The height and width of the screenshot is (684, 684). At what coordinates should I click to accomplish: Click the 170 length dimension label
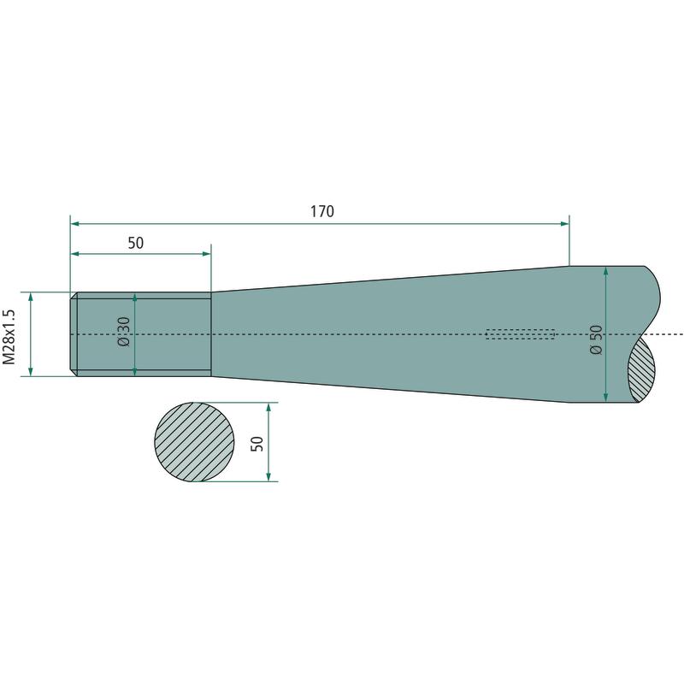[322, 211]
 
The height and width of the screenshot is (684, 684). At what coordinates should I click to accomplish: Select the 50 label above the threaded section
[136, 243]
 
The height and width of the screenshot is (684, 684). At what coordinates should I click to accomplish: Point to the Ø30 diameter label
[124, 332]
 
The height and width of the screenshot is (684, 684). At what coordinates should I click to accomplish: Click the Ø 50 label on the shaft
[596, 339]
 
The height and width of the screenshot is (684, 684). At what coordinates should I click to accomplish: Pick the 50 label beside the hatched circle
[257, 444]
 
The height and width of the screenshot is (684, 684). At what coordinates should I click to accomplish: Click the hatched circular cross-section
[194, 442]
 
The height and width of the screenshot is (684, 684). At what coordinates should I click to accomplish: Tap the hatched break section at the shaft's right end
[642, 369]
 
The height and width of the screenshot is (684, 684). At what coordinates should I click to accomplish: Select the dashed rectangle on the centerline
[520, 334]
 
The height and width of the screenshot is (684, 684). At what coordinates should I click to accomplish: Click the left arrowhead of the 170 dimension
[75, 224]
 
